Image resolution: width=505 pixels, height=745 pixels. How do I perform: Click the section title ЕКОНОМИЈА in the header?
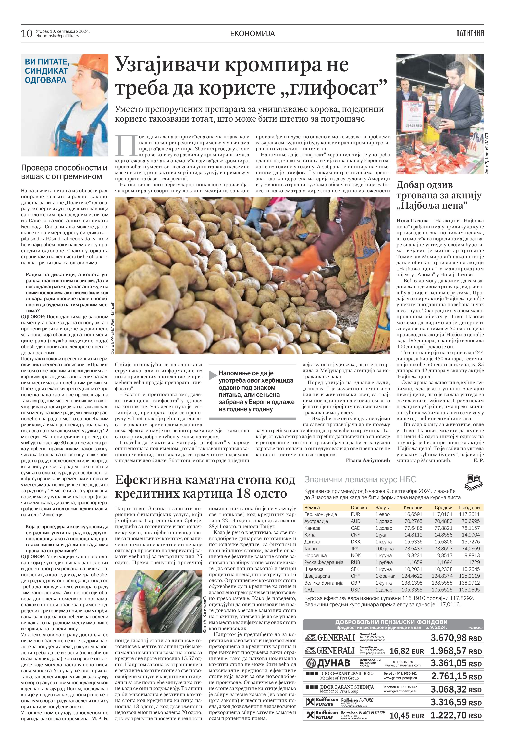(253, 33)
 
